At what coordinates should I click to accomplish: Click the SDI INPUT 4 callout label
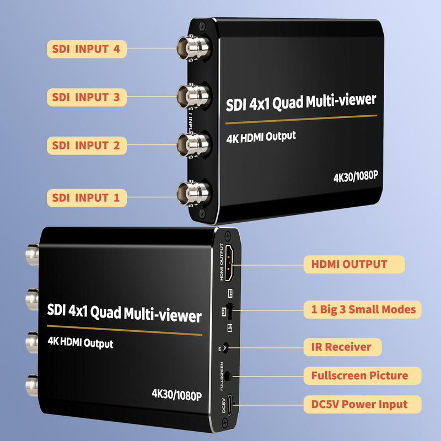tap(87, 49)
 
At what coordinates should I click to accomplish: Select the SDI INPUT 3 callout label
tap(87, 98)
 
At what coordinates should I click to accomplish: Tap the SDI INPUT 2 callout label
tap(87, 146)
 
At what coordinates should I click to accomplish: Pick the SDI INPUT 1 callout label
tap(87, 198)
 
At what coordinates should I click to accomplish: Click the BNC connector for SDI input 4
tap(194, 47)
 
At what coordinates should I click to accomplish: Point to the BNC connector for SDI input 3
tap(194, 96)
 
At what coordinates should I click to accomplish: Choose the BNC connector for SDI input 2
tap(194, 144)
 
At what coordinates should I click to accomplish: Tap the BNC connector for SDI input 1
tap(194, 193)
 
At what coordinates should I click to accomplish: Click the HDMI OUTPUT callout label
tap(354, 265)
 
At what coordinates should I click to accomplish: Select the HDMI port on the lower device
tap(229, 263)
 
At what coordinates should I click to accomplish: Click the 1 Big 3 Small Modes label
tap(363, 310)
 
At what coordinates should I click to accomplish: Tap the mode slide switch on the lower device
tap(230, 311)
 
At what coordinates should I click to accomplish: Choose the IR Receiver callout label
tap(342, 347)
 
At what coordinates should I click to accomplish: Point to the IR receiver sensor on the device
tap(225, 348)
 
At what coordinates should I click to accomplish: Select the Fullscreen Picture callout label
tap(363, 376)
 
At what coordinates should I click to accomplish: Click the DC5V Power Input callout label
tap(363, 405)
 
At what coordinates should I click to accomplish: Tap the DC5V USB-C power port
tap(229, 405)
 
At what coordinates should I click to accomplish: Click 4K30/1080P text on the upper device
tap(356, 176)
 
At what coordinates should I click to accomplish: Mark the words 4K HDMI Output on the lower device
tap(80, 342)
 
